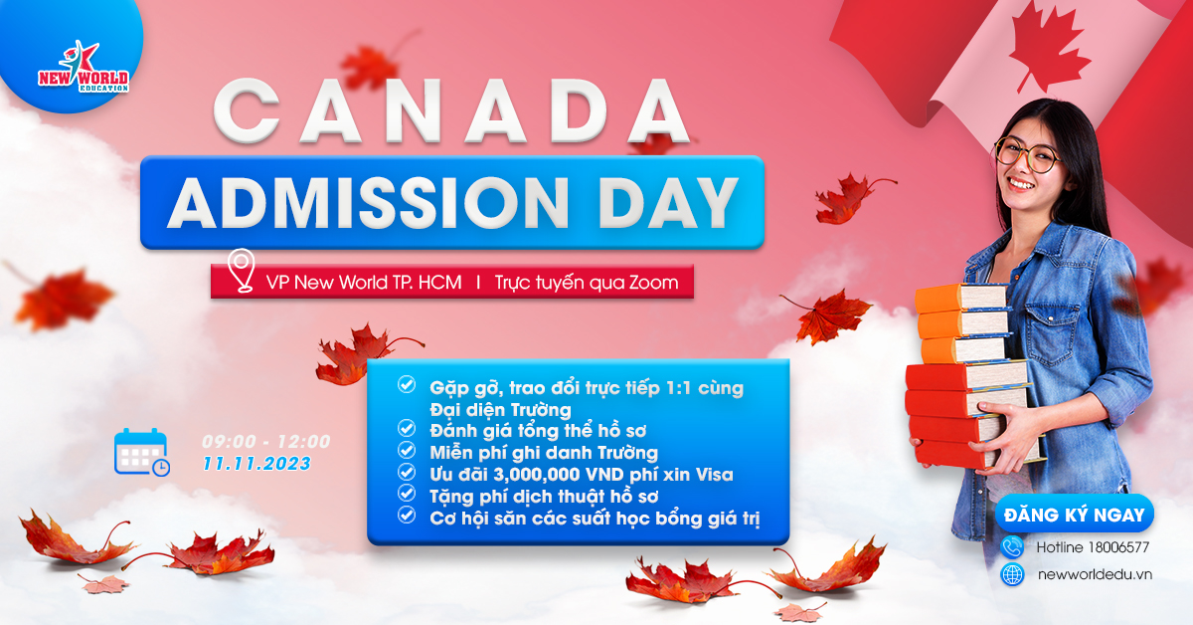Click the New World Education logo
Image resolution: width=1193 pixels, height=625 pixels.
(x=84, y=67)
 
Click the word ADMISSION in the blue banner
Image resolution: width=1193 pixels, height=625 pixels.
(x=369, y=203)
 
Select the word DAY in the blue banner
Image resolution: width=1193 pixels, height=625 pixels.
(x=669, y=203)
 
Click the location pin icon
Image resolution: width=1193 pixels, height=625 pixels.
(x=241, y=271)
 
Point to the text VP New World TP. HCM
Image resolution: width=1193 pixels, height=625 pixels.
(x=364, y=282)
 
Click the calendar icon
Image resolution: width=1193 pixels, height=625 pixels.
(x=141, y=452)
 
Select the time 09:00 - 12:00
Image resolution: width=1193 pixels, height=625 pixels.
(x=266, y=442)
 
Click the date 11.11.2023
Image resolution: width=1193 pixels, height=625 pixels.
(x=256, y=464)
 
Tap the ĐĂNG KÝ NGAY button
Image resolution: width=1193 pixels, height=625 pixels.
(x=1075, y=515)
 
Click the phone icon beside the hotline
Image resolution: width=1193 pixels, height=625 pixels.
(x=1012, y=547)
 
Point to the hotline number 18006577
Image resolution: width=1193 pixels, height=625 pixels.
(x=1119, y=547)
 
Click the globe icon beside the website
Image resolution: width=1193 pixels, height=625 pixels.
(x=1012, y=575)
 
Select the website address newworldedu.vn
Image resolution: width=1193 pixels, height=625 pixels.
(x=1095, y=575)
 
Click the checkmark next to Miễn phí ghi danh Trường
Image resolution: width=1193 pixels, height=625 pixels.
(x=407, y=451)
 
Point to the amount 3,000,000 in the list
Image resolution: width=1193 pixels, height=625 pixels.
(x=537, y=475)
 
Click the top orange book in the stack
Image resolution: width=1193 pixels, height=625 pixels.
(x=960, y=299)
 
